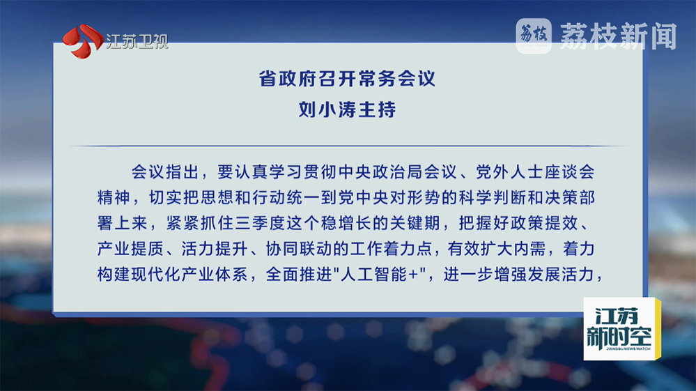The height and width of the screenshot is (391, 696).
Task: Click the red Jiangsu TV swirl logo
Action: click(x=83, y=41)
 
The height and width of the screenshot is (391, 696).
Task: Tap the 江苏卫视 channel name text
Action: click(x=137, y=42)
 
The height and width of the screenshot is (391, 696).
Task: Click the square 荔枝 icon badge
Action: click(x=534, y=36)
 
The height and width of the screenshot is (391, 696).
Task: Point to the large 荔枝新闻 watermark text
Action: click(x=619, y=36)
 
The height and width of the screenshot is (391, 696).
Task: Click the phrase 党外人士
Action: click(x=509, y=171)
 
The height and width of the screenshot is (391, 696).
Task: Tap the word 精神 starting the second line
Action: click(x=114, y=197)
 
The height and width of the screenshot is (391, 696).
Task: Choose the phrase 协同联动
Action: click(x=299, y=249)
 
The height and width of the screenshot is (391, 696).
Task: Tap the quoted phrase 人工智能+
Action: click(x=380, y=275)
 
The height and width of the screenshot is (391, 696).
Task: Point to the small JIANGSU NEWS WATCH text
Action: click(x=628, y=349)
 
